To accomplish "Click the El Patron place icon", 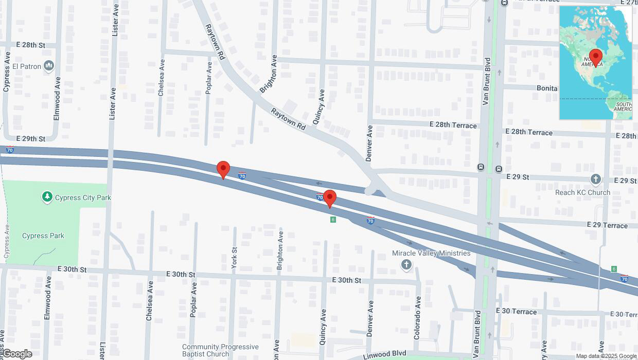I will (x=49, y=65).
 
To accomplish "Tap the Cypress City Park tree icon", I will (x=47, y=197).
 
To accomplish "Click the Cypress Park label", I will (x=43, y=236).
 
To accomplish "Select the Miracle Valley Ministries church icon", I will (x=406, y=265).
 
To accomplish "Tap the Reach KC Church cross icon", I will (x=595, y=179).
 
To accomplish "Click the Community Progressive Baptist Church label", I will (x=213, y=350).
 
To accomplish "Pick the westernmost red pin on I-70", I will (x=223, y=170).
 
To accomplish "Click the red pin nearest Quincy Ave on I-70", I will (x=329, y=199).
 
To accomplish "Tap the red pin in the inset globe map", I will (x=596, y=57).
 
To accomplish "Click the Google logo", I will (x=17, y=354).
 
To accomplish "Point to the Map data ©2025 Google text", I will (x=606, y=356).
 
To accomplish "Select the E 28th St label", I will (x=31, y=45).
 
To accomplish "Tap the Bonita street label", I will (x=547, y=88).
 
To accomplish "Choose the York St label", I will (x=235, y=258).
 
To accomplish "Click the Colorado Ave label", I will (x=417, y=317).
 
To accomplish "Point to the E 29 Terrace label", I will (x=608, y=225).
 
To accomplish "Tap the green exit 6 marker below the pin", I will (x=333, y=220).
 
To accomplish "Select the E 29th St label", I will (x=31, y=139).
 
